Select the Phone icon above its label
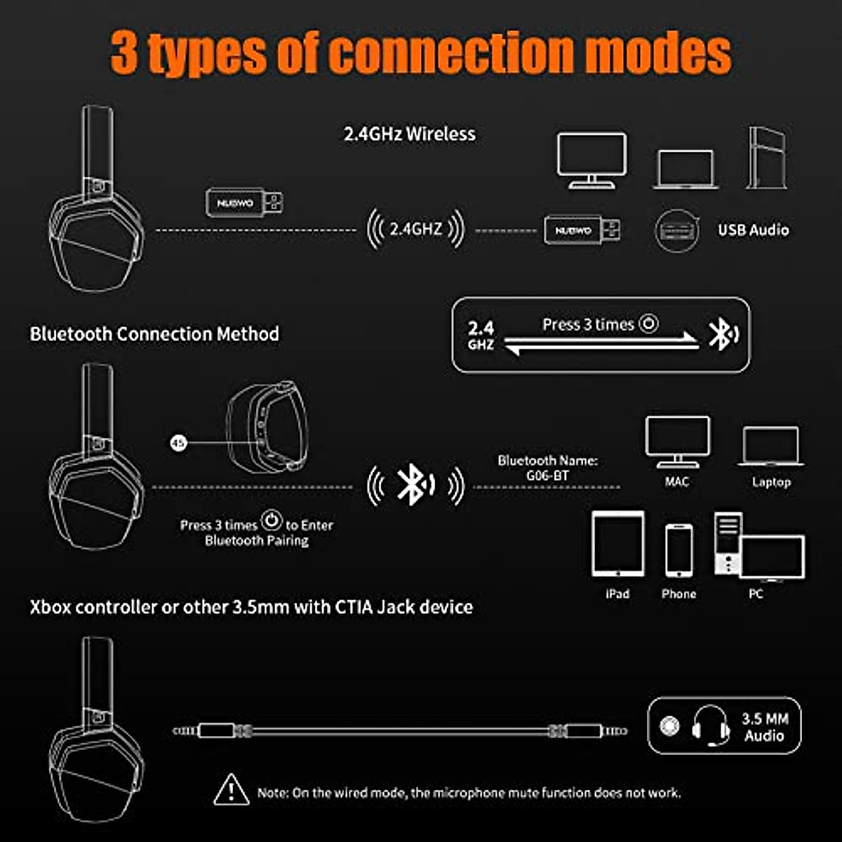[x=679, y=552]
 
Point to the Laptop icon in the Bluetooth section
[x=770, y=446]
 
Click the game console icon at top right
[x=766, y=158]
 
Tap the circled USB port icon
[x=676, y=229]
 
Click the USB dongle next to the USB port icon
[x=582, y=229]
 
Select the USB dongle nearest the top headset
[x=244, y=203]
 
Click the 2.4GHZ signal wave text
[x=416, y=229]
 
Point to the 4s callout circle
[x=179, y=443]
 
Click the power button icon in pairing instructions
[x=272, y=521]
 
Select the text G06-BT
[x=547, y=476]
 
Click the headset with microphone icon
[x=710, y=726]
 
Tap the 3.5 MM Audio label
[x=764, y=727]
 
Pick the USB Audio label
[x=753, y=229]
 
